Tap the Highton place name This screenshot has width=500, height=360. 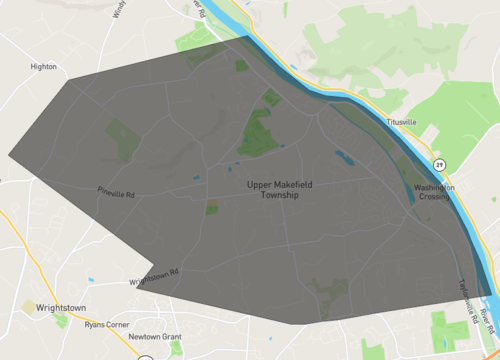coord(43,67)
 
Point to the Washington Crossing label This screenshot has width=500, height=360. coord(434,192)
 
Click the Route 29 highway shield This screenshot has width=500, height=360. coord(439,163)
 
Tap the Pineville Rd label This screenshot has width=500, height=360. coord(116,192)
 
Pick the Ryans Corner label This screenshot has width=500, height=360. coord(107,324)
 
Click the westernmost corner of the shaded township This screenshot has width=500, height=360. coord(8,155)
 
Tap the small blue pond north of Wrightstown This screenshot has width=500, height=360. coord(91,280)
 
